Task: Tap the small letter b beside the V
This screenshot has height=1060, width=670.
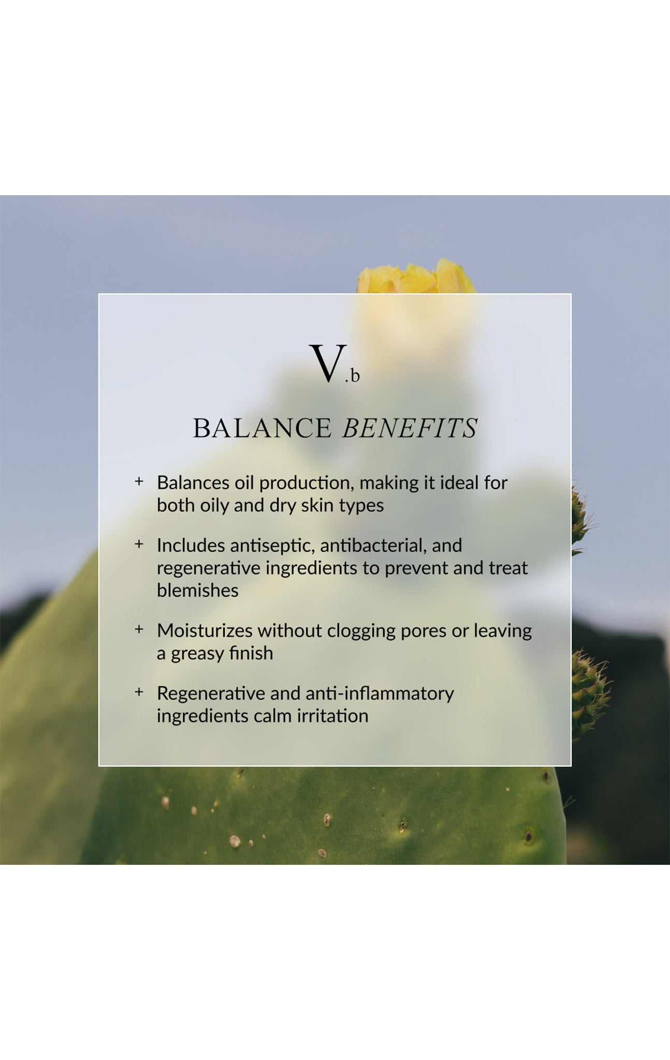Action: [355, 376]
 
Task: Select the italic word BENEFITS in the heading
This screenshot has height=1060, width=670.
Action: [409, 428]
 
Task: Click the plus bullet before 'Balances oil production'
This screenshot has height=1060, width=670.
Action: [139, 481]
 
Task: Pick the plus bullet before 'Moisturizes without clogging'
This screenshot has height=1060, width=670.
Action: [139, 629]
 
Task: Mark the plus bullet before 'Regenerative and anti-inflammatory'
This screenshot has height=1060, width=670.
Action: [139, 691]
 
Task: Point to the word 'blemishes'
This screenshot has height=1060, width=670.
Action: [197, 590]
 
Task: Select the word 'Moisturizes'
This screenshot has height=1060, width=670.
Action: [205, 630]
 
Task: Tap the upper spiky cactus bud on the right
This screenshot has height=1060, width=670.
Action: [581, 518]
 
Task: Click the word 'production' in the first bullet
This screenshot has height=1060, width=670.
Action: [305, 483]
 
